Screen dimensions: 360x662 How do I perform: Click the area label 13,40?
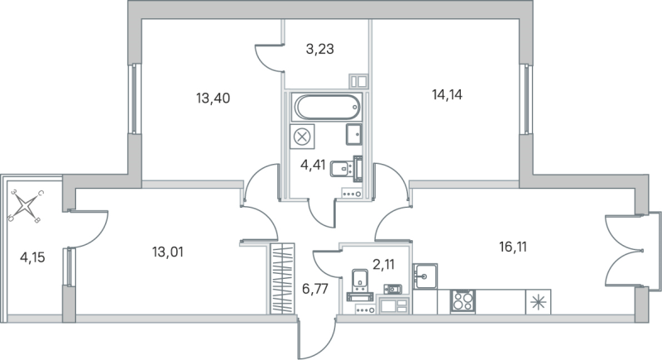tap(213, 98)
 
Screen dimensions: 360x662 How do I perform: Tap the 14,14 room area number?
tap(447, 94)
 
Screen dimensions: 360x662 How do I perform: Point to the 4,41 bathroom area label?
tap(314, 164)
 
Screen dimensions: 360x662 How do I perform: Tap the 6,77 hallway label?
tap(314, 290)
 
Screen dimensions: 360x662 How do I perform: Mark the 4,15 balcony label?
tap(33, 257)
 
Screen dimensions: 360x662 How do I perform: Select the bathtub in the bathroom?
tap(326, 108)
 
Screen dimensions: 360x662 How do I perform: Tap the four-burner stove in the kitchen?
tap(461, 300)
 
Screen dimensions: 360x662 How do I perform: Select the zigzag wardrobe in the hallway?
tap(283, 279)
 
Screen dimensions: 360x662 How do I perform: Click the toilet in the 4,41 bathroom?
tap(340, 170)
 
